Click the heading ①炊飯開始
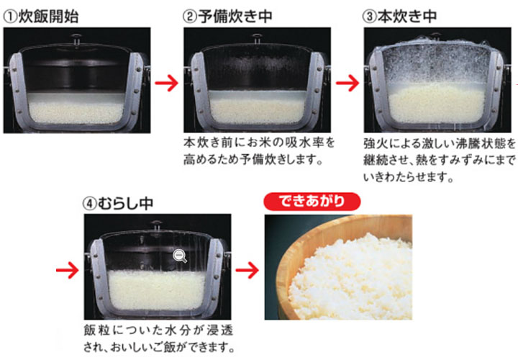[x=41, y=17]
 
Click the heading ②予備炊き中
[x=227, y=17]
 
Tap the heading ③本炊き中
[x=400, y=17]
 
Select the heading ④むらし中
[x=118, y=203]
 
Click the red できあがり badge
[x=312, y=202]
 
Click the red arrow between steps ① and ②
[x=167, y=83]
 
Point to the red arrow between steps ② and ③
[x=347, y=83]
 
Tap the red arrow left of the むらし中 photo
[x=68, y=270]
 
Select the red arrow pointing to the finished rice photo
[x=247, y=270]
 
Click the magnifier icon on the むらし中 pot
[x=180, y=256]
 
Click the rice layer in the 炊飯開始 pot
[x=76, y=112]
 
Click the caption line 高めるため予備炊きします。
[x=253, y=160]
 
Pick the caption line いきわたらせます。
[x=409, y=178]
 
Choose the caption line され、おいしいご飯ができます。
[x=159, y=347]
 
